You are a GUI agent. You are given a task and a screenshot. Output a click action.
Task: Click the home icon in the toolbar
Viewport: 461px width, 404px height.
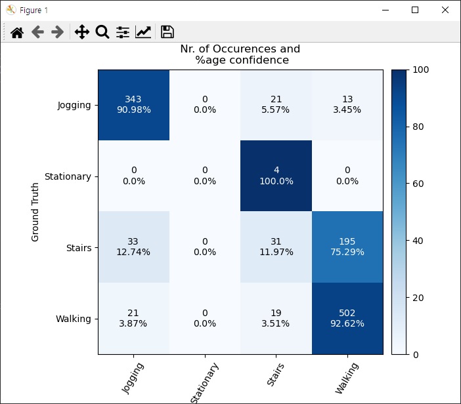[17, 32]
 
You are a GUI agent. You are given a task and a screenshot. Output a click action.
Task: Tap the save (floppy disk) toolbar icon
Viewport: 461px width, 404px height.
[167, 31]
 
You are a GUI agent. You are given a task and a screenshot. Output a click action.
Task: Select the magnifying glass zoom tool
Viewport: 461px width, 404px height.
[102, 31]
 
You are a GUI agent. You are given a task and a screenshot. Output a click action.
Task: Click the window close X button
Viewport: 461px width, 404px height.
[445, 10]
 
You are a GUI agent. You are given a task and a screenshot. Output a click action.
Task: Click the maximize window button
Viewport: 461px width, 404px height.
[415, 10]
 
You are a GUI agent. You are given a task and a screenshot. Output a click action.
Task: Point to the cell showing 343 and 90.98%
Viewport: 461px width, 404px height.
[134, 105]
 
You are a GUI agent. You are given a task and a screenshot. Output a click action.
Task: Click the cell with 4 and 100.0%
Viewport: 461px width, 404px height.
[276, 176]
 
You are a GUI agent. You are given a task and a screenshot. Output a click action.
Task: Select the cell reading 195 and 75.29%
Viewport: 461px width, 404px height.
[347, 247]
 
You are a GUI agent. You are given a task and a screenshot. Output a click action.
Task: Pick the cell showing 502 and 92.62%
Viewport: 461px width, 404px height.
[347, 318]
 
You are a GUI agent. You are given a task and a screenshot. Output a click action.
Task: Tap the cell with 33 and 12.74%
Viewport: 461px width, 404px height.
[134, 247]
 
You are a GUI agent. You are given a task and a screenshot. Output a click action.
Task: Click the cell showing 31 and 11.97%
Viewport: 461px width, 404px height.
[276, 247]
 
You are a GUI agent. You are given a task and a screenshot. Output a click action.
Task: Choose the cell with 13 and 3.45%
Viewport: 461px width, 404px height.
[347, 105]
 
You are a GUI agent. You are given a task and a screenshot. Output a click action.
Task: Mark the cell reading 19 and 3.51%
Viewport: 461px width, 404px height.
[276, 318]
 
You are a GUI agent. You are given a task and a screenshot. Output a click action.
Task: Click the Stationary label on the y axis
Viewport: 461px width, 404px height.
[68, 177]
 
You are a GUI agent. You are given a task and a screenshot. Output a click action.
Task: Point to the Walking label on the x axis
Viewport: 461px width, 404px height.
[347, 378]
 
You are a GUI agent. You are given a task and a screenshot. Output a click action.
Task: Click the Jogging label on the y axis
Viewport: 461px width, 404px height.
[74, 106]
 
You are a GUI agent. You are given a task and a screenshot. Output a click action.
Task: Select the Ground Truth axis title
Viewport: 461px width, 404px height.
[35, 212]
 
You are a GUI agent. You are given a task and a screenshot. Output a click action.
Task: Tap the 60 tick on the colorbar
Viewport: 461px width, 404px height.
[418, 184]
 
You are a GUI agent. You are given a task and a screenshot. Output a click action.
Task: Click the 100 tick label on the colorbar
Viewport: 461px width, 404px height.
[421, 70]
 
